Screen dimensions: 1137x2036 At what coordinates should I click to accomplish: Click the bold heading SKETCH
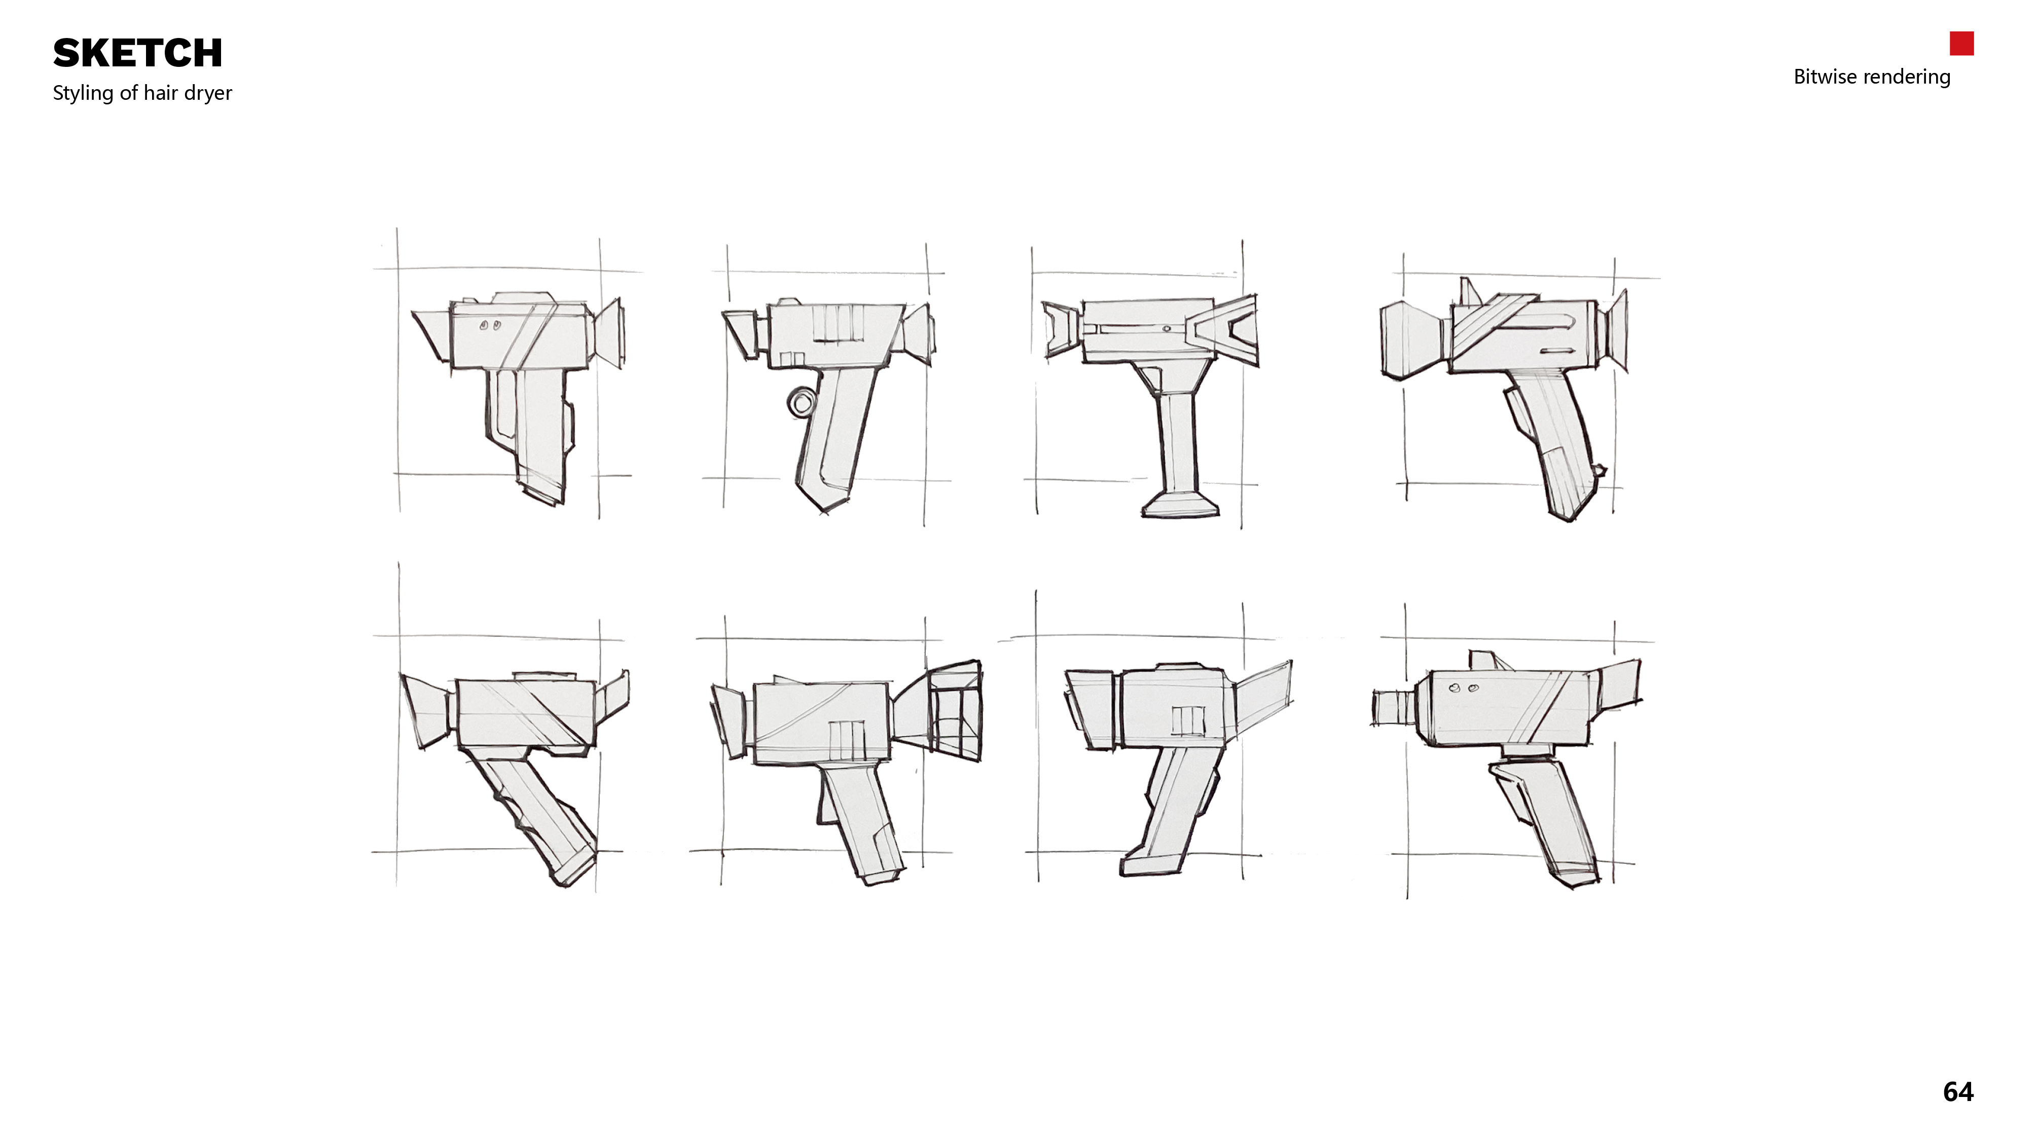[137, 54]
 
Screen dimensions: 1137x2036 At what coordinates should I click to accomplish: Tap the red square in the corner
[1961, 44]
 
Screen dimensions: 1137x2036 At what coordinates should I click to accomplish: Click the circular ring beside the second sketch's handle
[801, 401]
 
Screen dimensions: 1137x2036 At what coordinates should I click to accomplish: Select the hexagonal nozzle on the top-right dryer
[1415, 340]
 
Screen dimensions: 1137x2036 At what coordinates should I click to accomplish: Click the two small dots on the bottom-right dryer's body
[1462, 688]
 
